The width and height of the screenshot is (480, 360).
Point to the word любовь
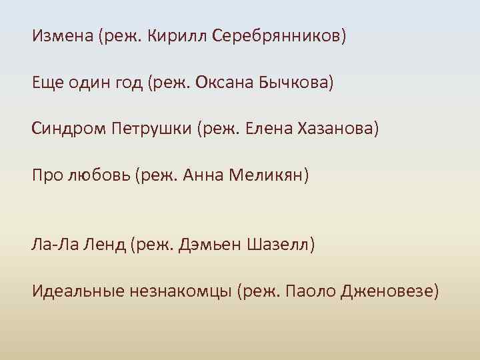99,176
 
